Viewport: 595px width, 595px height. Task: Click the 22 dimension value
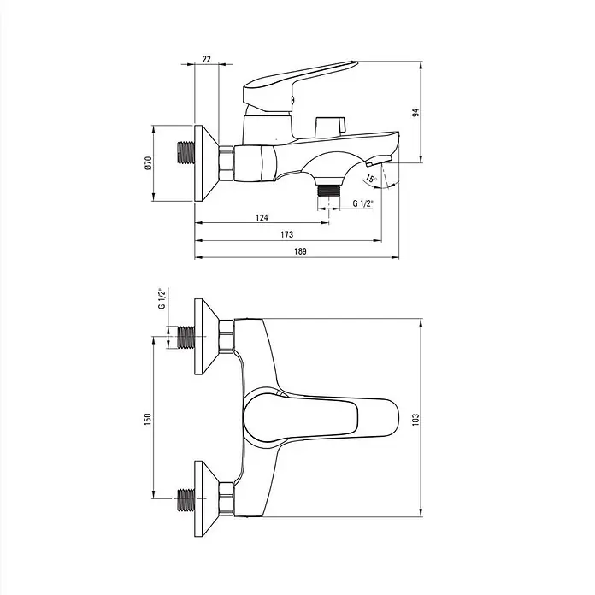tap(206, 59)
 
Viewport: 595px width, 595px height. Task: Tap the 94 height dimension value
tap(415, 112)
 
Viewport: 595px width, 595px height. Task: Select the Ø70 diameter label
tap(148, 162)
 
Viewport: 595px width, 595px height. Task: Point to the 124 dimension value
tap(262, 217)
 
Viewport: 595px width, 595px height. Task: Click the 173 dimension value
tap(287, 234)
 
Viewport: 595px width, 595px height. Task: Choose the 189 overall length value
tap(300, 251)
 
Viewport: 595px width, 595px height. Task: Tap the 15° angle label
tap(371, 179)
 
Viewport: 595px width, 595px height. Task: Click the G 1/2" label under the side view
tap(362, 203)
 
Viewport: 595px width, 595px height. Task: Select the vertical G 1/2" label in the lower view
tap(162, 298)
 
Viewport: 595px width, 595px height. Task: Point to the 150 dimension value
tap(148, 419)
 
